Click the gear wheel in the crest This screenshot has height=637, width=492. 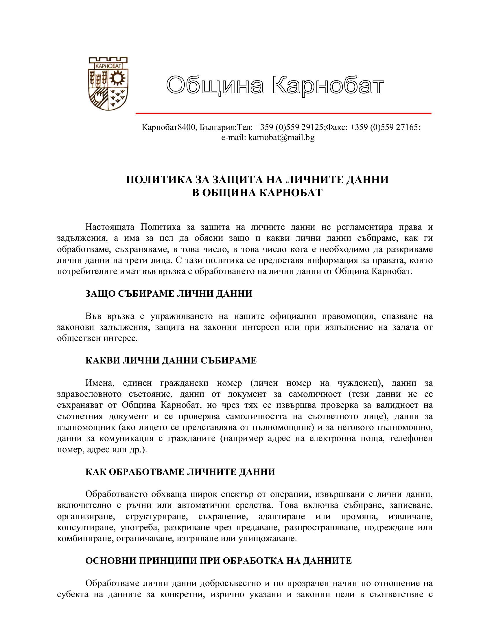point(118,77)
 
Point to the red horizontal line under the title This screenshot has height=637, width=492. point(283,113)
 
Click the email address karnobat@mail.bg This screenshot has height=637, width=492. point(281,137)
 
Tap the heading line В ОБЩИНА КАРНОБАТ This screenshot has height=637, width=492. point(257,192)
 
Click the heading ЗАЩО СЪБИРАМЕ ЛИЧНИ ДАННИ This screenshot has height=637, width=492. point(169,293)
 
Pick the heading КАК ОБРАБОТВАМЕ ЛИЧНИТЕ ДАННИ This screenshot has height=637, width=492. point(180,472)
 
